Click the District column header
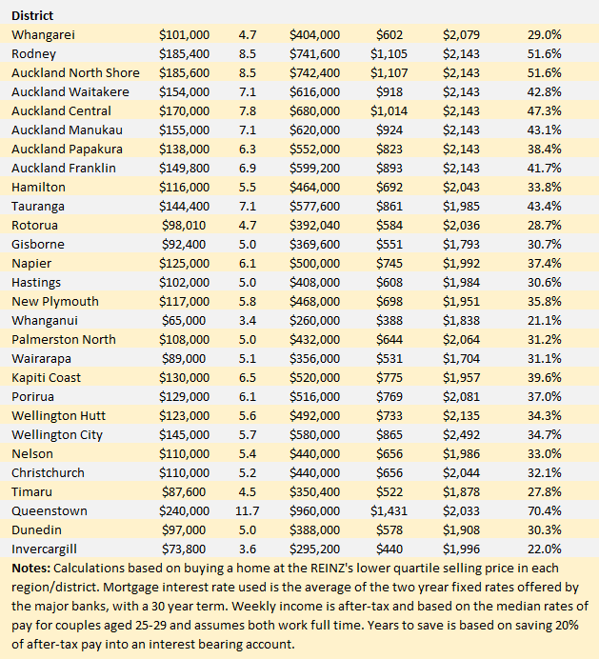32,15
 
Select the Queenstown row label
49,510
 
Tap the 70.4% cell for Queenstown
544,510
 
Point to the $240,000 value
184,510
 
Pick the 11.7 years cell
248,510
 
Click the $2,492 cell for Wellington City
463,434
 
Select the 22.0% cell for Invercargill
544,549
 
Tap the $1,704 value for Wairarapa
463,358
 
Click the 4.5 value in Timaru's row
248,491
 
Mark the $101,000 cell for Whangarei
184,34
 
